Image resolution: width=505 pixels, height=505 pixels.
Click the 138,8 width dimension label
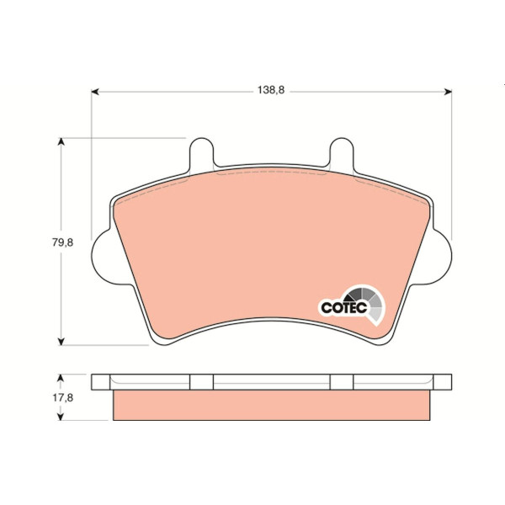(271, 90)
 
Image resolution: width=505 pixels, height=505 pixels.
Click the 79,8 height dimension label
(63, 242)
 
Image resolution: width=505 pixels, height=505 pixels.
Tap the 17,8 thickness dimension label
(63, 398)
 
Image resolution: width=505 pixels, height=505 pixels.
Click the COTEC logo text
(344, 307)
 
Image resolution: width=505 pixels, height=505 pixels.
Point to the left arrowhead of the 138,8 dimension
(95, 92)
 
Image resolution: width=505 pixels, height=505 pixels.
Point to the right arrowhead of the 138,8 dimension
(448, 92)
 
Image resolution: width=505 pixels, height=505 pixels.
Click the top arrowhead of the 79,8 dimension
(61, 141)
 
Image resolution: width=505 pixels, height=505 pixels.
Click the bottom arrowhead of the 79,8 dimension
(61, 342)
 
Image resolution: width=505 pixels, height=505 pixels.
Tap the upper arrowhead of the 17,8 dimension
(60, 378)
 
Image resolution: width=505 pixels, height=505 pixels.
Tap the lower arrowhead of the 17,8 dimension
(60, 417)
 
